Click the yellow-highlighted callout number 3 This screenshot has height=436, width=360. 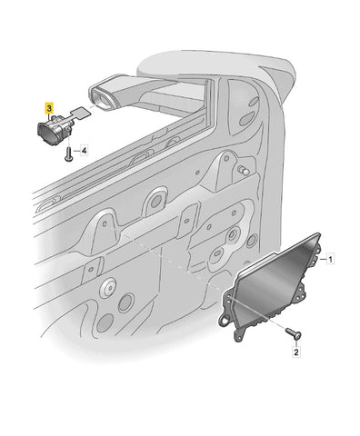click(49, 107)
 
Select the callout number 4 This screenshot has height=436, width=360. click(84, 151)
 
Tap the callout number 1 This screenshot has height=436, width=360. click(330, 260)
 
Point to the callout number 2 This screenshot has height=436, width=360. click(296, 352)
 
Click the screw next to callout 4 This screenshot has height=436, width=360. click(68, 154)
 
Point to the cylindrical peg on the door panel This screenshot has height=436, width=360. click(243, 170)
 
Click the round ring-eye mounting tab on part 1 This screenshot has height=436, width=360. click(225, 320)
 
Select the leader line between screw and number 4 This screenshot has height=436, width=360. click(76, 151)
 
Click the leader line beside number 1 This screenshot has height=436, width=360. click(322, 259)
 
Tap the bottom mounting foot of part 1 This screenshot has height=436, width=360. click(240, 335)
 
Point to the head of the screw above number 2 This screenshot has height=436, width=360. click(297, 335)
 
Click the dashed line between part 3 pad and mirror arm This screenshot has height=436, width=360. click(92, 108)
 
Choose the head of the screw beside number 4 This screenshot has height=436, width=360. click(68, 158)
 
